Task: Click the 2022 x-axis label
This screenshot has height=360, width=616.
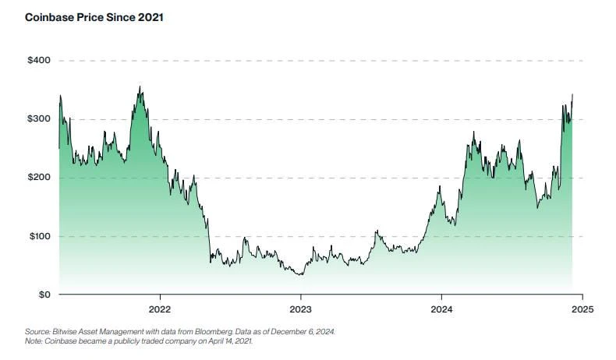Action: point(160,309)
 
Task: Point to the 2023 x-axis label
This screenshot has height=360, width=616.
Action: point(301,309)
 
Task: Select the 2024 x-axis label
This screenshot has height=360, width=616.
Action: point(441,309)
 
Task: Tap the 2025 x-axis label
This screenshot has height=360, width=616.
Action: point(582,309)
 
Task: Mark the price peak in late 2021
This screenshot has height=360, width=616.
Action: point(140,86)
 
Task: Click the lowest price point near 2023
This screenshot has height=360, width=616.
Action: point(301,274)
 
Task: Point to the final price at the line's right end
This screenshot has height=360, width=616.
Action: point(572,95)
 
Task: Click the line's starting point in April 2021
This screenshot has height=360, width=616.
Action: point(58,148)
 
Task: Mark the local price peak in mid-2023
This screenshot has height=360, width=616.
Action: point(377,231)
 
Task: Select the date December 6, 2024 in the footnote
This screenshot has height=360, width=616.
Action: point(306,332)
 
